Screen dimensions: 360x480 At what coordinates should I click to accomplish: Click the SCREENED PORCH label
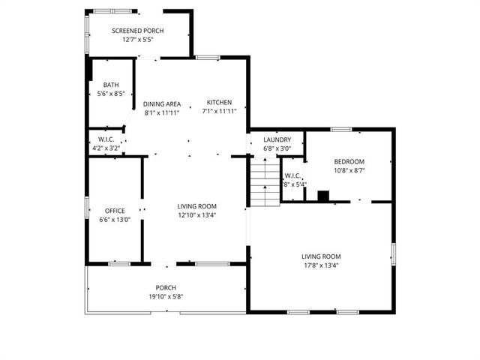138,31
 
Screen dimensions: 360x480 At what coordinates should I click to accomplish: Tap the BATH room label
111,85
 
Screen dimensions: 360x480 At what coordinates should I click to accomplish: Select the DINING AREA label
162,103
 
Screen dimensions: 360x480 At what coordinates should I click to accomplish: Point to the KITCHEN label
220,103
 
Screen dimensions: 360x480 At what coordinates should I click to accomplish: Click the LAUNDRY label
277,139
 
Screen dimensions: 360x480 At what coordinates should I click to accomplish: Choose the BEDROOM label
349,162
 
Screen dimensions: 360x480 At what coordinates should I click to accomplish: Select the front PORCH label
166,288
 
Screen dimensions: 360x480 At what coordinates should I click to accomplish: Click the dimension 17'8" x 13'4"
321,265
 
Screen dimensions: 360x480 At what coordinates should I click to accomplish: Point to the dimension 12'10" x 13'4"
197,215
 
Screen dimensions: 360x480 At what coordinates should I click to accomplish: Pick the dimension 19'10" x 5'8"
166,297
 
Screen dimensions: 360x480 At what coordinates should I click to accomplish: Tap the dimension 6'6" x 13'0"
115,220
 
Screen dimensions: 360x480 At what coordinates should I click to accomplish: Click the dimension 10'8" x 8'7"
349,171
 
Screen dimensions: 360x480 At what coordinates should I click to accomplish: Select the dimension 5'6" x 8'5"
111,94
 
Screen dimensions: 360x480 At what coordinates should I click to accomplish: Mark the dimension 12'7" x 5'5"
138,40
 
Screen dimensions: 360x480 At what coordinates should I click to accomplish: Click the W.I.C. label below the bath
105,139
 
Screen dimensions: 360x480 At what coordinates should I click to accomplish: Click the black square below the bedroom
322,196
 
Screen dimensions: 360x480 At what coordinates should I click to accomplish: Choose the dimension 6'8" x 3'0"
277,148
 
